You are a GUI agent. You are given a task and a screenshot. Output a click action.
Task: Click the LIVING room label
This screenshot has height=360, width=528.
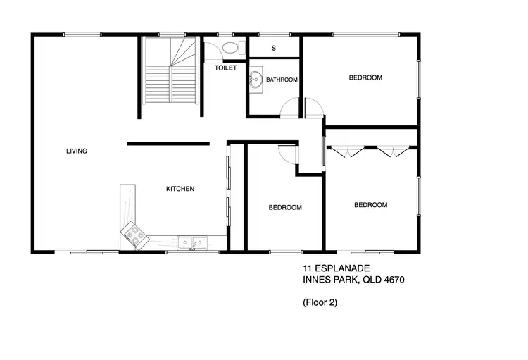[x=77, y=151]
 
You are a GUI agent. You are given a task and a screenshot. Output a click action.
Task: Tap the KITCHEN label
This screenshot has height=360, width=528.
[x=180, y=189]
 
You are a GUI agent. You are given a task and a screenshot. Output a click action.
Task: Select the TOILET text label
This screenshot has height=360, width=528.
[x=225, y=68]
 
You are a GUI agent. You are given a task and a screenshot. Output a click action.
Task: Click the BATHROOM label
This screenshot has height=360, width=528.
[x=282, y=80]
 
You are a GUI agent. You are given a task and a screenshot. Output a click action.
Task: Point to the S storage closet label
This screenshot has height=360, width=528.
[x=273, y=48]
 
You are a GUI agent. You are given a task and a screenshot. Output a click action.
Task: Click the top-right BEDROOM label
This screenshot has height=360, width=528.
[x=365, y=77]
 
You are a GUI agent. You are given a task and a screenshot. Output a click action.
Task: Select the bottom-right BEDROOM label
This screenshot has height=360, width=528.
[x=370, y=205]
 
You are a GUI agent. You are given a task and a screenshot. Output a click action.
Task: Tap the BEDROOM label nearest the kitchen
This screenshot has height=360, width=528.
[x=285, y=208]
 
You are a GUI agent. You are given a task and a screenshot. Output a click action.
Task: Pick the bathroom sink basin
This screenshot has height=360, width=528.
[x=255, y=80]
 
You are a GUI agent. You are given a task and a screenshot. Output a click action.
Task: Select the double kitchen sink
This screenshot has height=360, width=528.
[x=191, y=243]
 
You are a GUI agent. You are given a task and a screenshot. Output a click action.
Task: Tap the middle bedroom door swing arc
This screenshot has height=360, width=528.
[x=288, y=154]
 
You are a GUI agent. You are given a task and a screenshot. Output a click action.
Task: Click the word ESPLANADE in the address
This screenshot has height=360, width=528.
[x=343, y=268]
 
